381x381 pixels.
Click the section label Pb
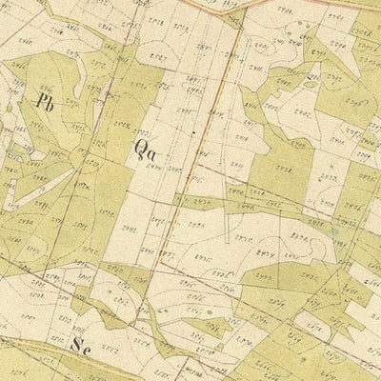[x=42, y=98]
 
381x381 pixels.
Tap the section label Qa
[x=146, y=150]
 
